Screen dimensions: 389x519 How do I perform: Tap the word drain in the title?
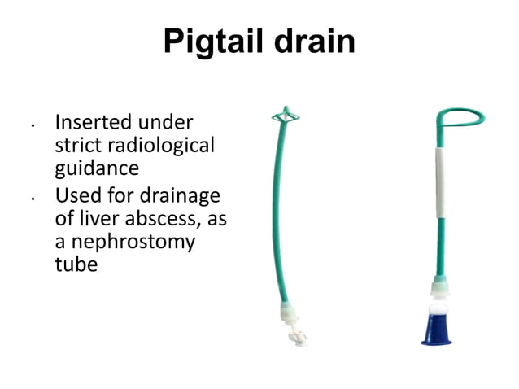pyautogui.click(x=314, y=42)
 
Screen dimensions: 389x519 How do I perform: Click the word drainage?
pyautogui.click(x=186, y=196)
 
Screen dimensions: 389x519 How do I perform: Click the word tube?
pyautogui.click(x=76, y=265)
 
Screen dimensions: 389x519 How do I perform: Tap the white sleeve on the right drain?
pyautogui.click(x=442, y=182)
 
